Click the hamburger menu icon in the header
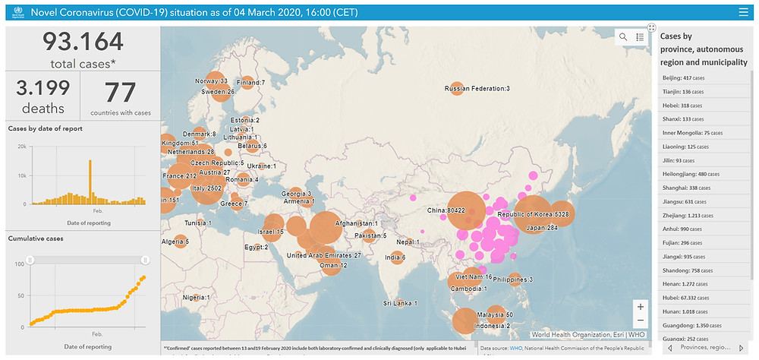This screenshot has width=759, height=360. click(743, 12)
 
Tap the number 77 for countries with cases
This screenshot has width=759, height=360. click(120, 91)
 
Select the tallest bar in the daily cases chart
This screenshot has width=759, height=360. click(90, 181)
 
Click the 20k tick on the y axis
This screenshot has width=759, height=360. click(23, 146)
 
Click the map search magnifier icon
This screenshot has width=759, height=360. click(623, 36)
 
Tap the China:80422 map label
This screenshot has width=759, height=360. click(446, 210)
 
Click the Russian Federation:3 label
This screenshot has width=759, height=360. click(477, 89)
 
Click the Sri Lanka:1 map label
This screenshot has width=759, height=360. click(400, 303)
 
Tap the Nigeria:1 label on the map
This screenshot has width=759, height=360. click(196, 297)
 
